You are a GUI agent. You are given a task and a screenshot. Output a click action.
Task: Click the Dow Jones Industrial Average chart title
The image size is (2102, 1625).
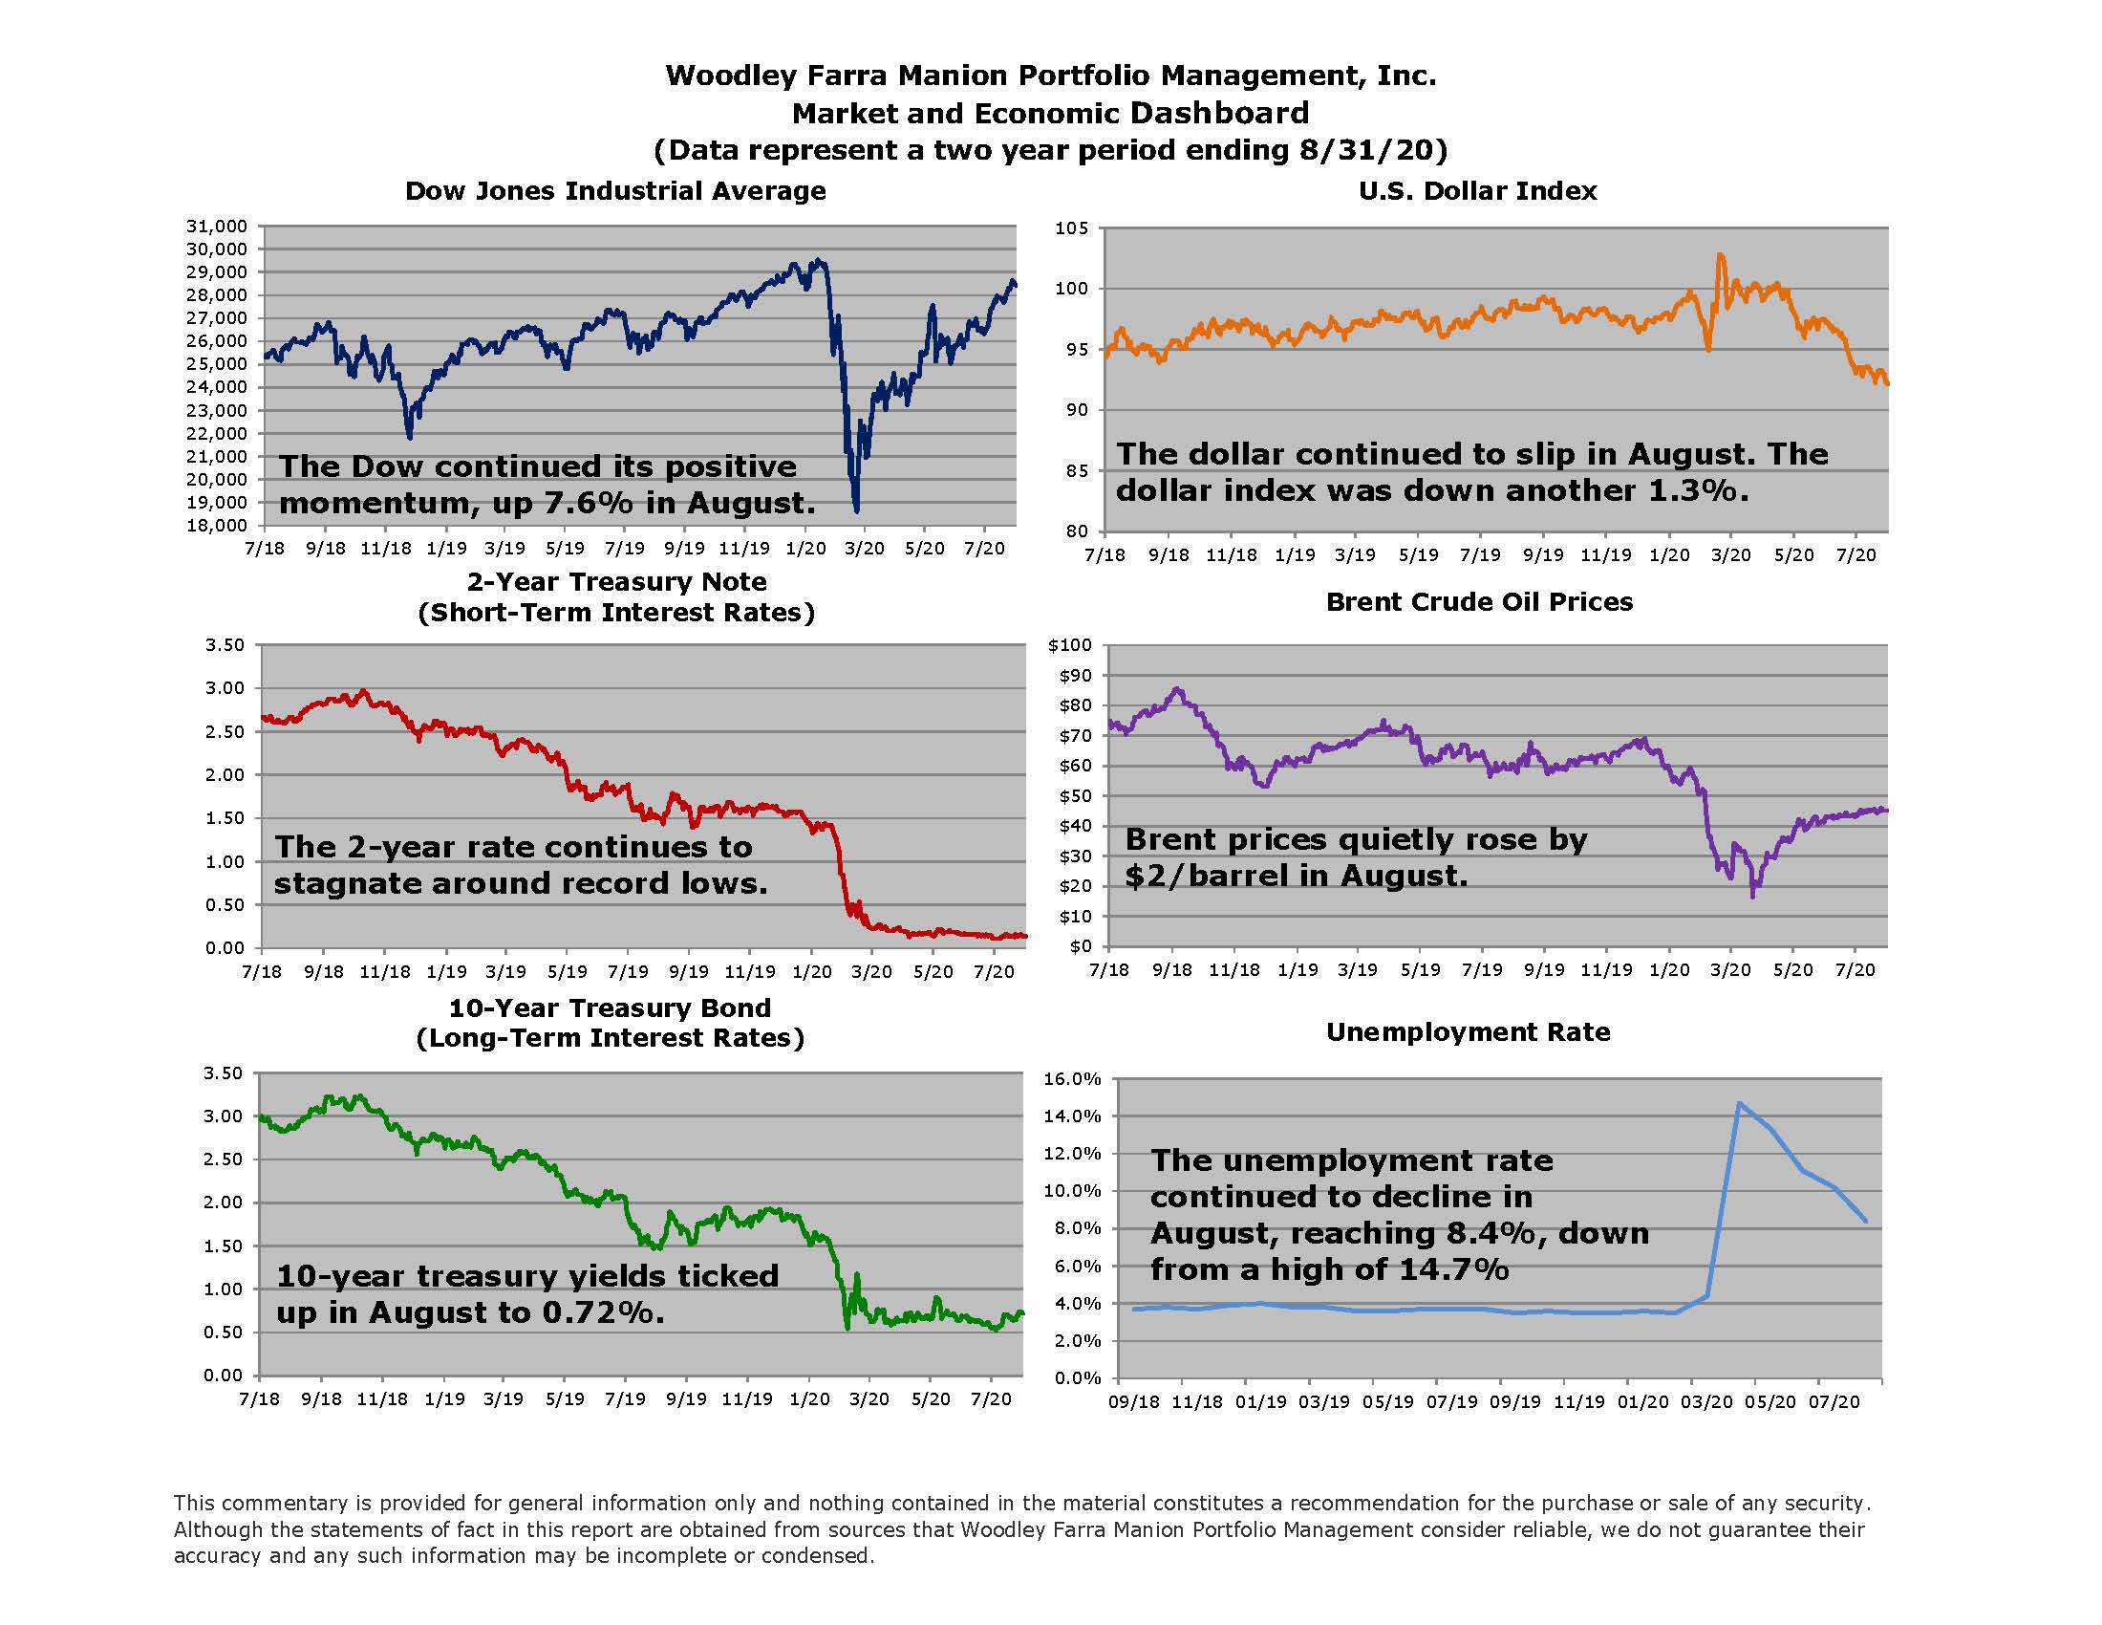(615, 190)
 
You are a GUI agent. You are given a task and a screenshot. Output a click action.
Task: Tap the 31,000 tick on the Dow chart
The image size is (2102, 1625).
(217, 227)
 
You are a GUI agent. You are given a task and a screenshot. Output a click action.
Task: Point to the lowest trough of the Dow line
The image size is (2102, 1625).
(856, 510)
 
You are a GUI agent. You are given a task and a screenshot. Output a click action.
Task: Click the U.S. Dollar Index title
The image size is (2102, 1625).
(1477, 190)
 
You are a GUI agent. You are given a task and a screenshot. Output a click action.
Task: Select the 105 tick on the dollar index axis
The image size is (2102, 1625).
(1071, 228)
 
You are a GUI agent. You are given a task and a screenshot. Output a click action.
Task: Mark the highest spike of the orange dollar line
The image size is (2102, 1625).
(1719, 255)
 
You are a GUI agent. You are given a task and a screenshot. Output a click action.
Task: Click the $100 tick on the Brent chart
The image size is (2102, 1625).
(1069, 645)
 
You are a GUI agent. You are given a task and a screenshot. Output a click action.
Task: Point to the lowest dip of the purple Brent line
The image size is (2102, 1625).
(1751, 898)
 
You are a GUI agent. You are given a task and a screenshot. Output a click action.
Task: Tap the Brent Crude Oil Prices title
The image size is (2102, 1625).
(1479, 601)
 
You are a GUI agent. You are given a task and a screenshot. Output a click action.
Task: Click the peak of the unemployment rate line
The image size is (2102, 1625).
(1738, 1103)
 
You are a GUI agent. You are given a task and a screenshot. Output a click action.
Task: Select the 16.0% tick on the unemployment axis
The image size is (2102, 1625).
(1072, 1079)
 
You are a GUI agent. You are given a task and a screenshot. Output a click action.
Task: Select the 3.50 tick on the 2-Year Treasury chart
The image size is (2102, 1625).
(225, 645)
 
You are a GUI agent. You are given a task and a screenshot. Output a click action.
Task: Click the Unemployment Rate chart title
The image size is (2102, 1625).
(1468, 1032)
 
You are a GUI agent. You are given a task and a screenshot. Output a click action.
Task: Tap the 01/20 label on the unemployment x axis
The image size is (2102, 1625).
(1641, 1401)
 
